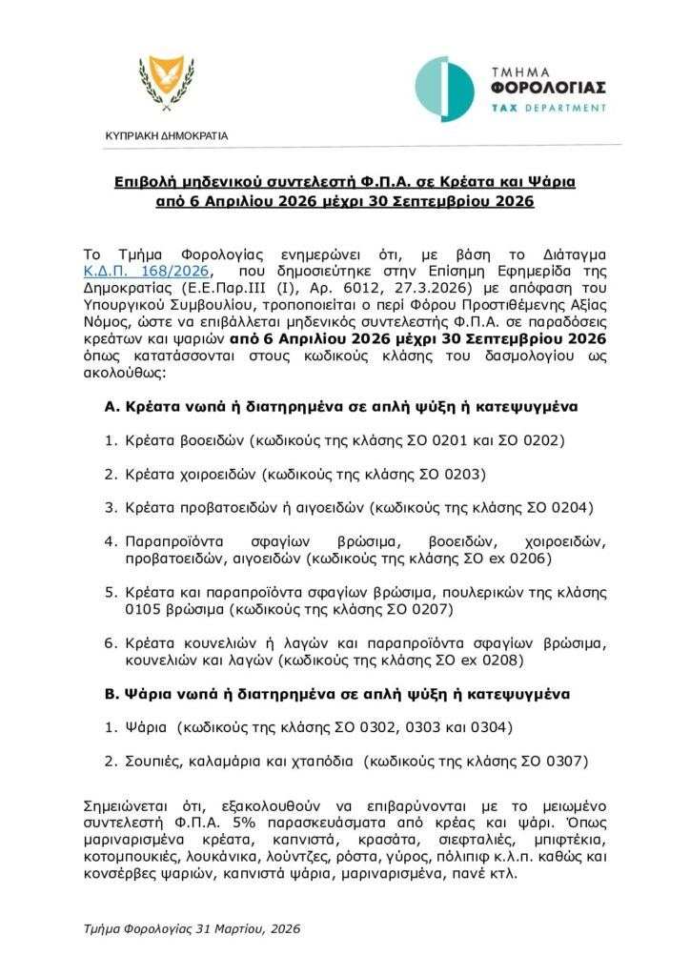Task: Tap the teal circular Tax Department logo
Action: click(444, 89)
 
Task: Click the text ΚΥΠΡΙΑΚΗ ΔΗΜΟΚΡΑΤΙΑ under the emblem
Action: click(166, 135)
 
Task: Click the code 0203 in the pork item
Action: click(469, 474)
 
